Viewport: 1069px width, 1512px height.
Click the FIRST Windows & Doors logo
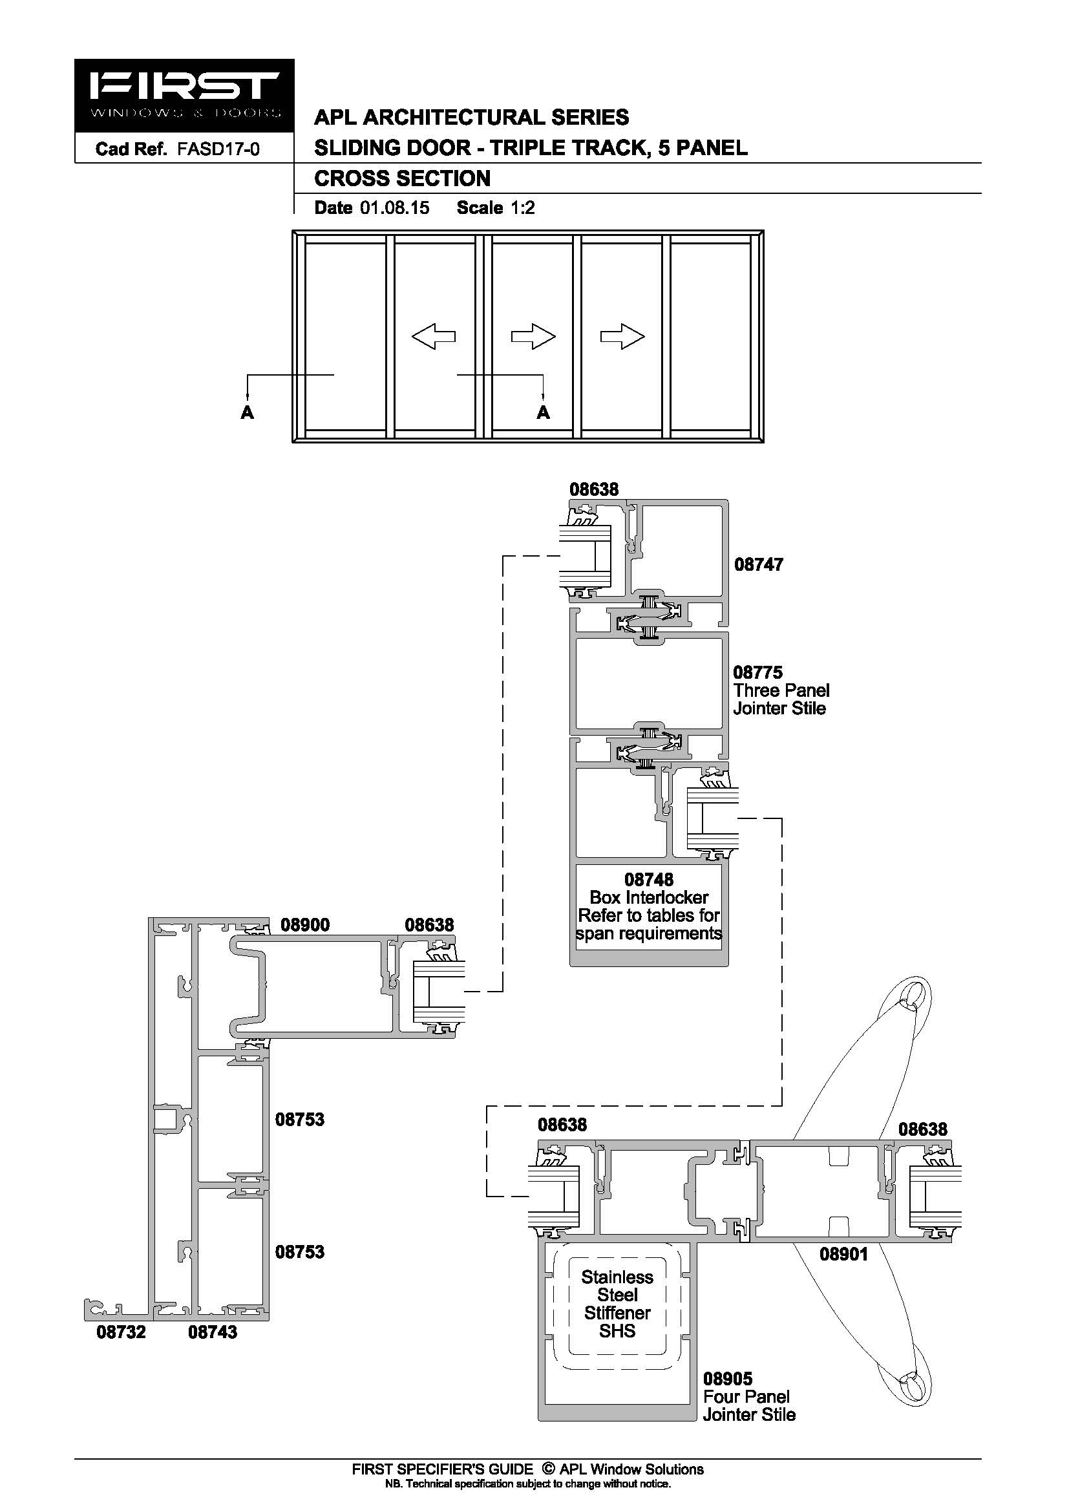(x=184, y=96)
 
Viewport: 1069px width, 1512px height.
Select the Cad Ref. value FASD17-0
(x=218, y=149)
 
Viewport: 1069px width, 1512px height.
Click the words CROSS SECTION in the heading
(x=402, y=178)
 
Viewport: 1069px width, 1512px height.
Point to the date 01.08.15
(x=394, y=208)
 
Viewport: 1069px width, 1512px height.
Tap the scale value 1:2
(x=523, y=208)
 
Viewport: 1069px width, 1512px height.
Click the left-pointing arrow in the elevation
(x=433, y=337)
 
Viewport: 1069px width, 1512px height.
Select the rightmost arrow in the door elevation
(x=622, y=337)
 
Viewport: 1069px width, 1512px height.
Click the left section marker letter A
(x=248, y=413)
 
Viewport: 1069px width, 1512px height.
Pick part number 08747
(x=758, y=564)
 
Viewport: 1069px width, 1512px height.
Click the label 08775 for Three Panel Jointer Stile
(x=757, y=672)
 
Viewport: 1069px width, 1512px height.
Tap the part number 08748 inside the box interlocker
(x=648, y=880)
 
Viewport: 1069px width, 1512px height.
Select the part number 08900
(x=305, y=924)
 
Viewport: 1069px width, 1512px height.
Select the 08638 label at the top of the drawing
(x=594, y=489)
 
